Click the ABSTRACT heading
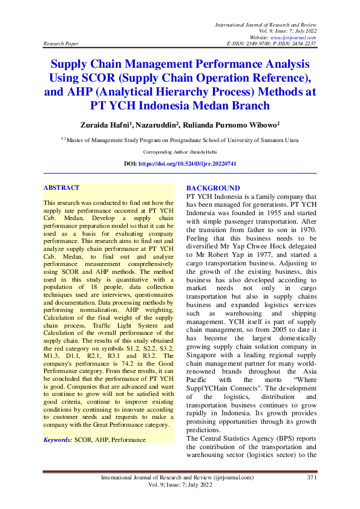(62, 188)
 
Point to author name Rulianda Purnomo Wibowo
(237, 125)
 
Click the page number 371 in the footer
(312, 478)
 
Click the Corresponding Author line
(180, 152)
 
